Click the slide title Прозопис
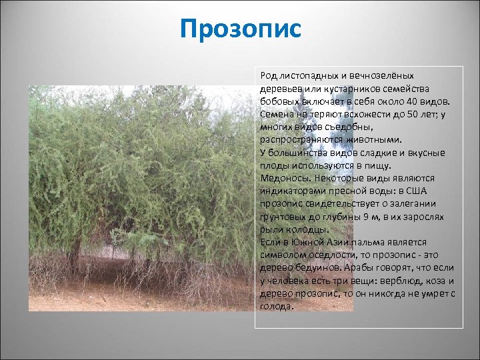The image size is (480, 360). (241, 29)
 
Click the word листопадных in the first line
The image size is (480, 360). (303, 76)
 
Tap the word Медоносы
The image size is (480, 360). (283, 178)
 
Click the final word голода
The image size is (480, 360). (277, 307)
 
